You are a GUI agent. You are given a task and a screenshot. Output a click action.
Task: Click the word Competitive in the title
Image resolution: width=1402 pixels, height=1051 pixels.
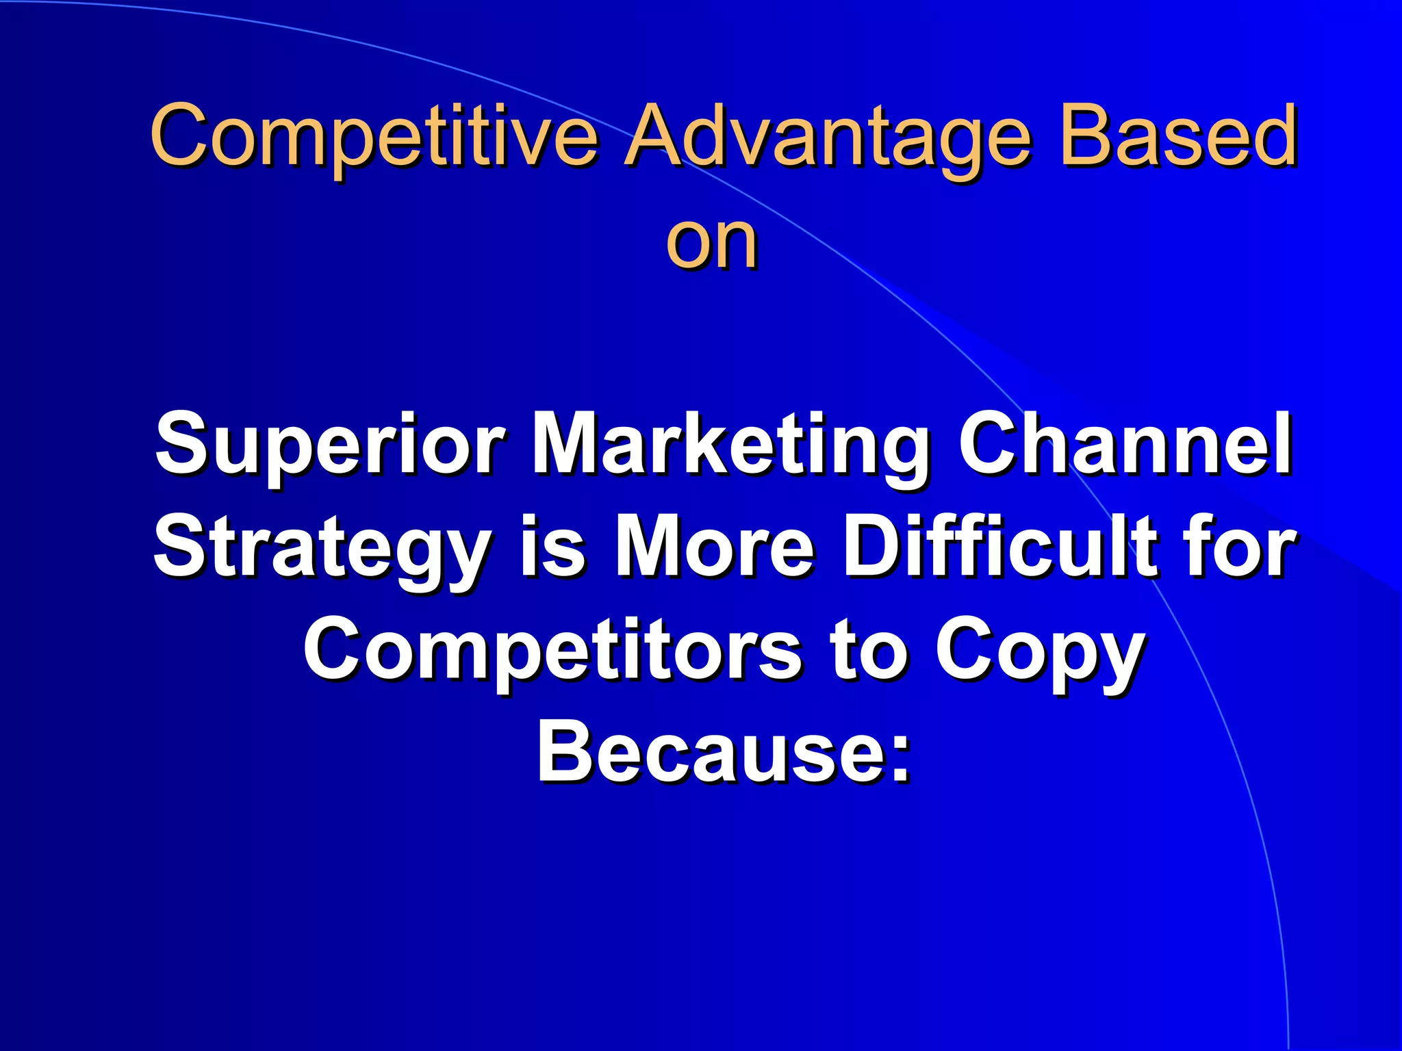coord(374,137)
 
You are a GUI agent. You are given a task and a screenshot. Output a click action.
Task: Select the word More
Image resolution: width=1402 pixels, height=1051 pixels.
coord(715,547)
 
